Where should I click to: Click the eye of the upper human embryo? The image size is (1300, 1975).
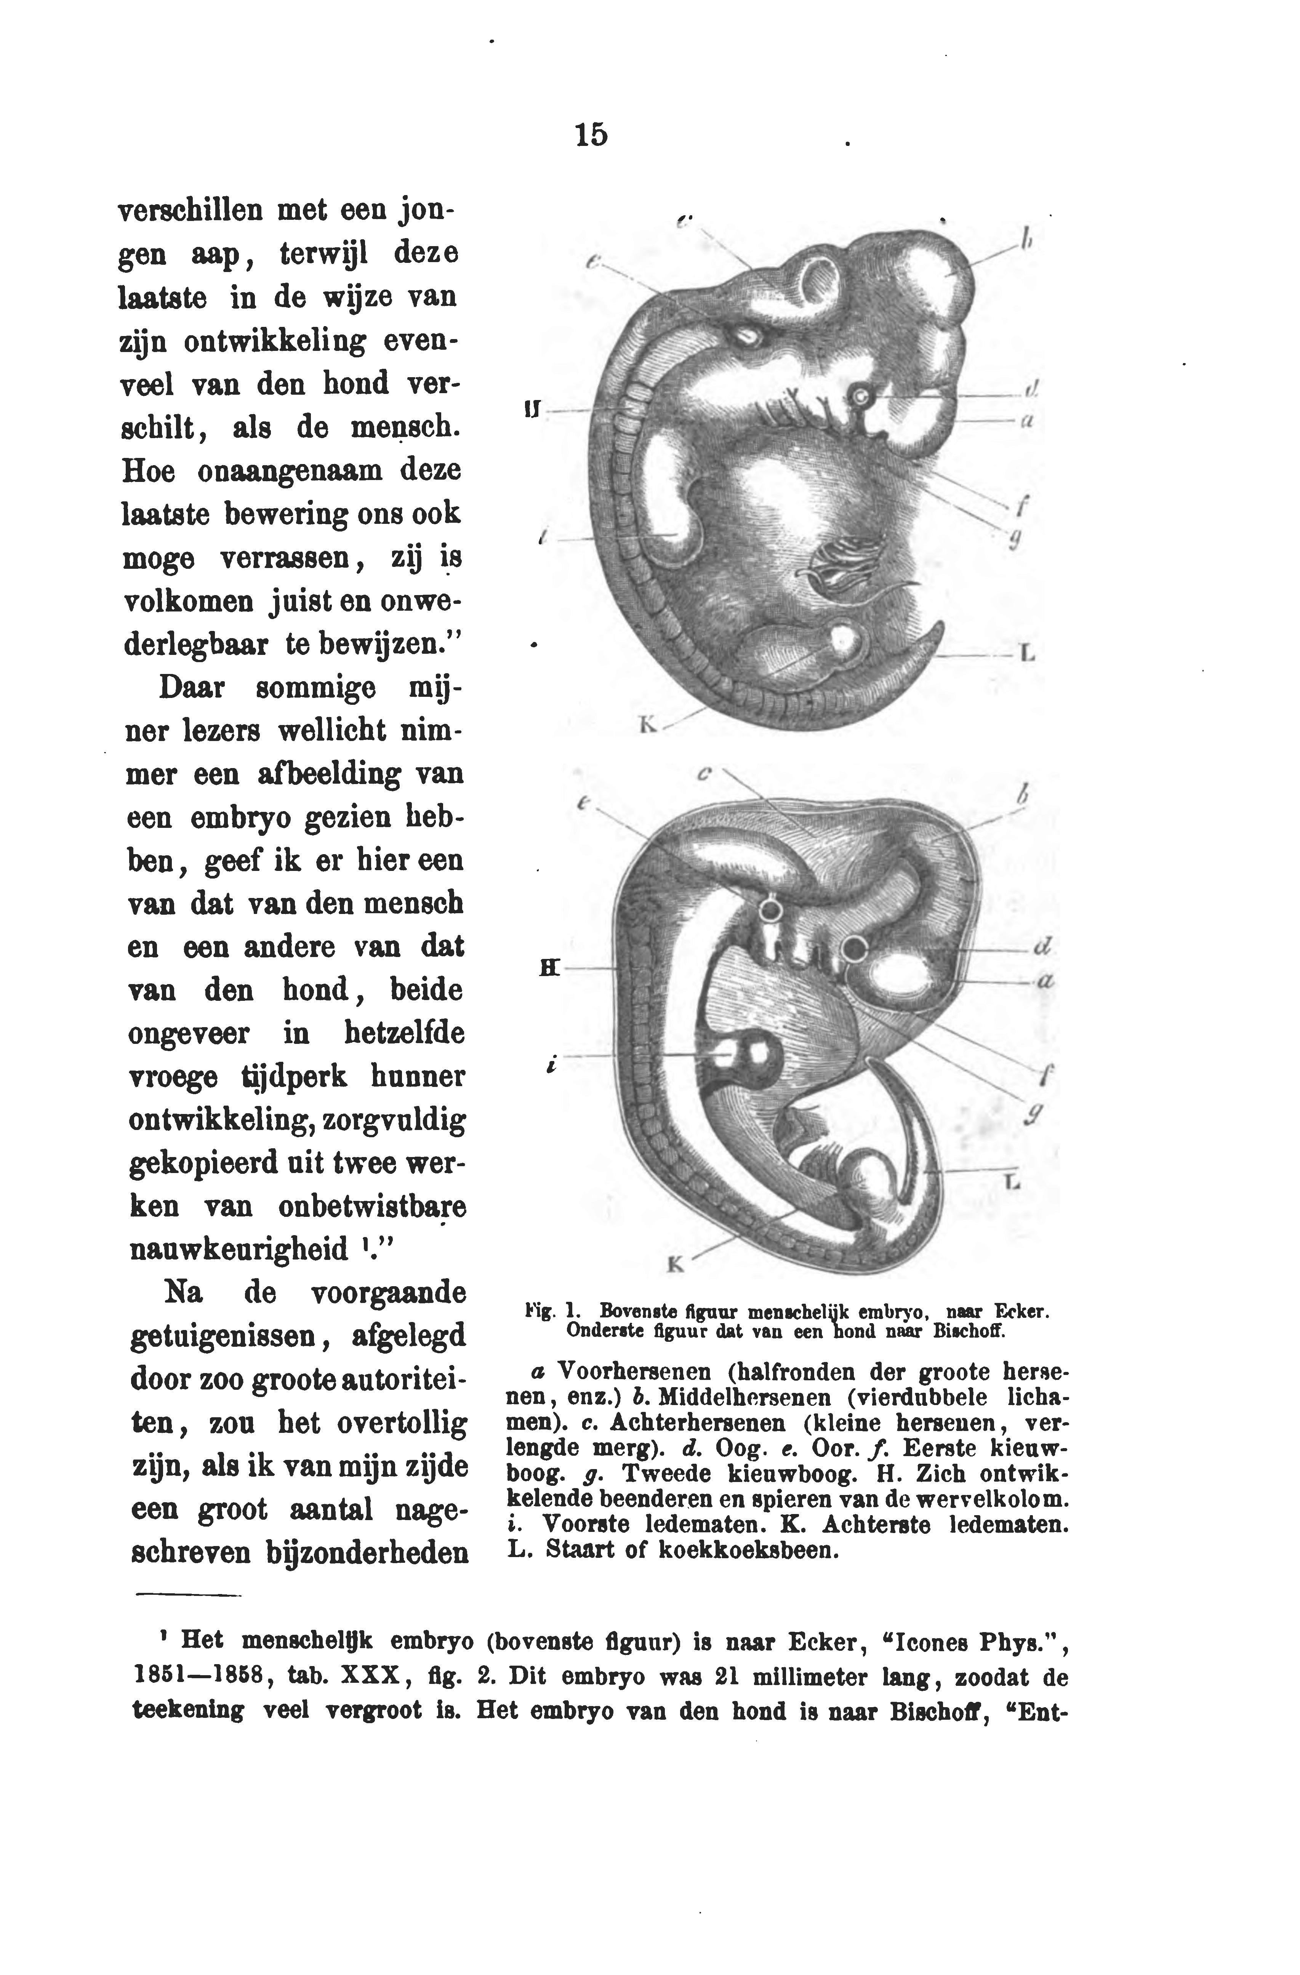(x=863, y=399)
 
